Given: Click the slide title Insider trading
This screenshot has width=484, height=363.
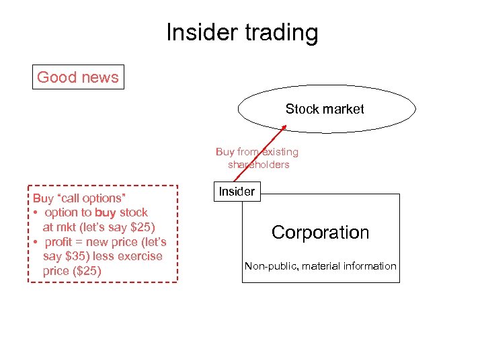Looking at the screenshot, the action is click(x=242, y=33).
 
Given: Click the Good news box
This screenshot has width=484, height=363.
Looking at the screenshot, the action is click(x=78, y=77).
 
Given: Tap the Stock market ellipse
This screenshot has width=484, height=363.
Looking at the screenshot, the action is click(x=327, y=109).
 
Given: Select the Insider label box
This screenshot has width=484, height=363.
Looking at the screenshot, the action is click(x=237, y=192).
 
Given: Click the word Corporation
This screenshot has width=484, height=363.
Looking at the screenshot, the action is click(x=320, y=233).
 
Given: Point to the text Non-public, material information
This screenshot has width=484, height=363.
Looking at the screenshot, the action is click(x=320, y=266).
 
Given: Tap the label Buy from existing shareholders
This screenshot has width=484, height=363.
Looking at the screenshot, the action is click(x=257, y=158).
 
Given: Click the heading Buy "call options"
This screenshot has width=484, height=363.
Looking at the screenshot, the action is click(x=80, y=198).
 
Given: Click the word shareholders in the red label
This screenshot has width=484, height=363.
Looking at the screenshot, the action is click(x=258, y=165).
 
